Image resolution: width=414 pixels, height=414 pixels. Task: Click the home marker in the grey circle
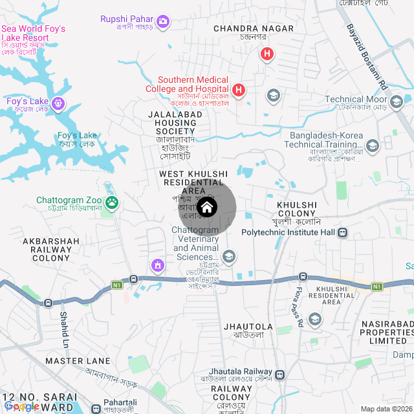tap(207, 208)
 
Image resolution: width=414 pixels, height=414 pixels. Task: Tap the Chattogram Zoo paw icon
tap(113, 202)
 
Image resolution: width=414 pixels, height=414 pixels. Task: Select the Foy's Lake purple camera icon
tap(58, 103)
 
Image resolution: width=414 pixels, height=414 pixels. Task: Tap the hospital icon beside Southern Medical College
tap(239, 89)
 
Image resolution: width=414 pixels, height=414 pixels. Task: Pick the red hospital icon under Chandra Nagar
tap(266, 54)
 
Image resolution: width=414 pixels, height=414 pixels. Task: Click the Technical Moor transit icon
tap(396, 100)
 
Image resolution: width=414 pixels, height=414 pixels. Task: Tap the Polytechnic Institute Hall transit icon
tap(342, 232)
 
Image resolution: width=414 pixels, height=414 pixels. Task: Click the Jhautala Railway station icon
tap(280, 375)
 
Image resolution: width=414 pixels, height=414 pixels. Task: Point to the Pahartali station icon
tap(96, 409)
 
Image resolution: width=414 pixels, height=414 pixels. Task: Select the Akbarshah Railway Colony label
tap(51, 249)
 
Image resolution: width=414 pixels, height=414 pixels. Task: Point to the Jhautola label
tap(248, 327)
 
